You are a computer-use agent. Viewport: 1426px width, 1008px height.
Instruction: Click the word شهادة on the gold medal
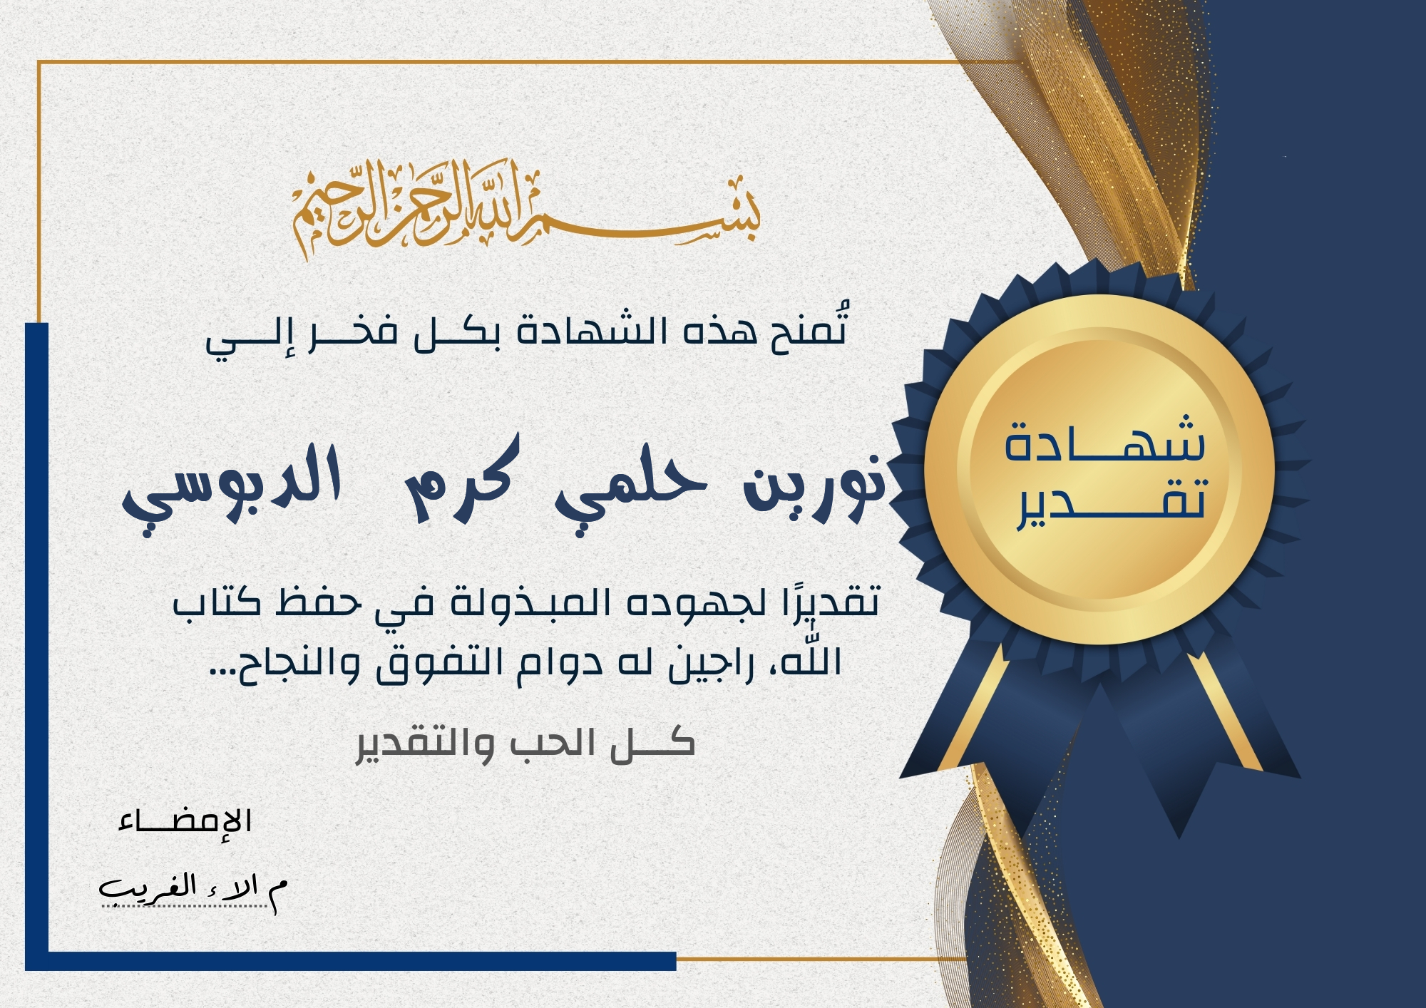click(x=1104, y=438)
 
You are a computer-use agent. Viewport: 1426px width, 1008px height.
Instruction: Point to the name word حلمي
click(x=632, y=485)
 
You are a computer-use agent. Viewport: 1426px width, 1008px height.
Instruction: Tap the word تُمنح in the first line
click(x=809, y=329)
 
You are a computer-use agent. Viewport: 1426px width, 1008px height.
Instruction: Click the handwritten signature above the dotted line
click(x=193, y=890)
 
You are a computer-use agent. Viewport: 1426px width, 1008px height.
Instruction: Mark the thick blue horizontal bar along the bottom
click(x=350, y=961)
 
